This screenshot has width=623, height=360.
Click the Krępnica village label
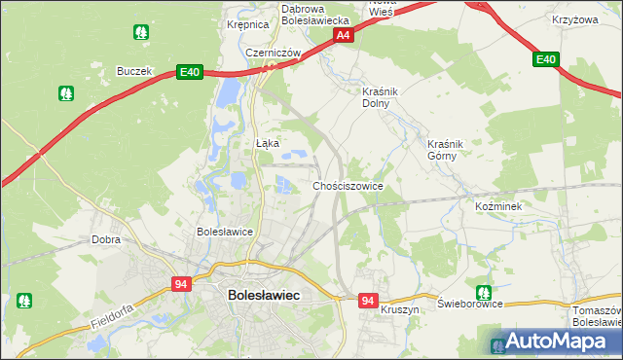[246, 25]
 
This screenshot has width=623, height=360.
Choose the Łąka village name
[268, 143]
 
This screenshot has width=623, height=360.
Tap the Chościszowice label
[348, 185]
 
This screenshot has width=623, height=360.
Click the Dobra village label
[105, 238]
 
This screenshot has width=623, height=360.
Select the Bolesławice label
[225, 232]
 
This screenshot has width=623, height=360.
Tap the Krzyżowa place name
[574, 19]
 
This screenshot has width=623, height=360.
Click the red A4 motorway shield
[343, 36]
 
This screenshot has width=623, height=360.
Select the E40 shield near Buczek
[189, 71]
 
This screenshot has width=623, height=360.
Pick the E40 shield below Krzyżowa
[546, 60]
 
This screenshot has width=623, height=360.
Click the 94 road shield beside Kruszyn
[367, 302]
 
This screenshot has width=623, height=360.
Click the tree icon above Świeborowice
[483, 292]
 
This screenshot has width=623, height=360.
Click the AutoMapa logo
[551, 342]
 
